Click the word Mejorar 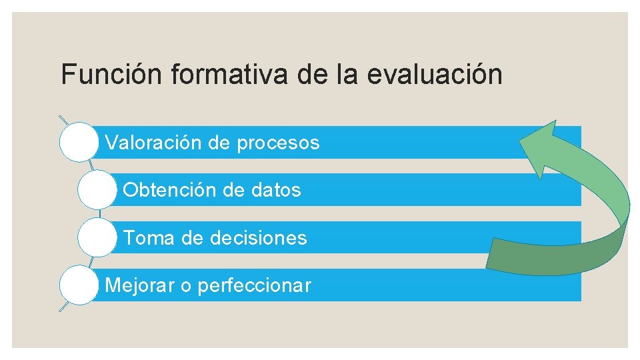[x=139, y=286]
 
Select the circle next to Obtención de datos [x=97, y=190]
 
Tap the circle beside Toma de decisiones [x=97, y=238]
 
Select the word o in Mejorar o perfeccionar [x=185, y=286]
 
